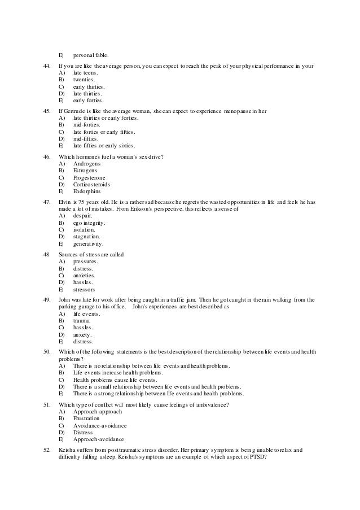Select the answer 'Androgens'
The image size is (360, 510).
[x=87, y=163]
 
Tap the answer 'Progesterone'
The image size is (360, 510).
[x=89, y=177]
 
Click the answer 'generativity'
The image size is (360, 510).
[x=88, y=244]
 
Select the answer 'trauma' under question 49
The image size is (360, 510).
[x=82, y=320]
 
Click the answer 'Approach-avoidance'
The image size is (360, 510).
[x=98, y=439]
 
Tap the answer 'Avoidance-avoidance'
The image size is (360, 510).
[x=99, y=425]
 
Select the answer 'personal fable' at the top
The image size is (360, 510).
[x=90, y=55]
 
